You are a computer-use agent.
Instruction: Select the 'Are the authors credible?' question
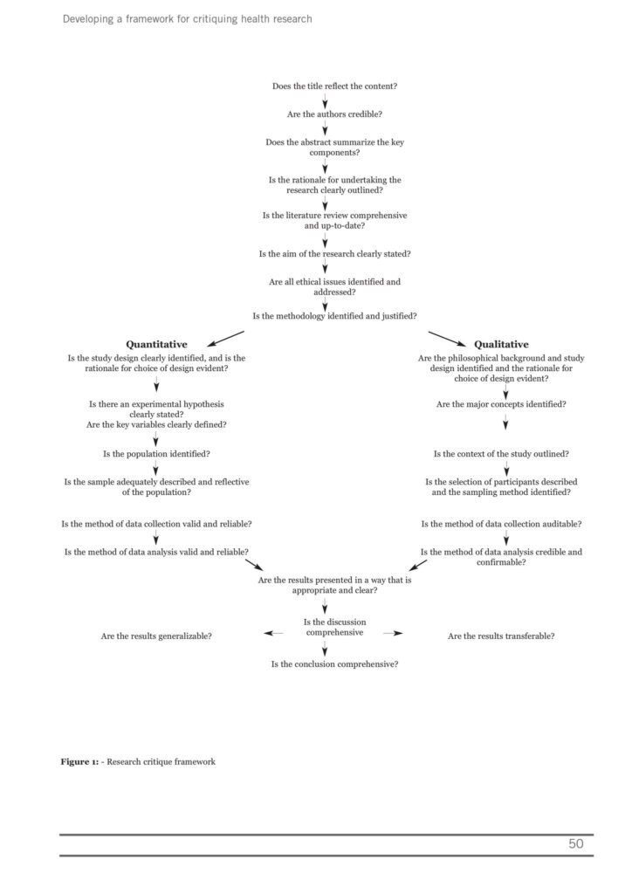tap(323, 114)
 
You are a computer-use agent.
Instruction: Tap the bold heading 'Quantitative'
tap(157, 345)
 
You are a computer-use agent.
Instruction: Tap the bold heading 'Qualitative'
tap(501, 345)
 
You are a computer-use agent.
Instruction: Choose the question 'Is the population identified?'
tap(156, 454)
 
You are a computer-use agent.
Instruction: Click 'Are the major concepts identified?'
tap(501, 404)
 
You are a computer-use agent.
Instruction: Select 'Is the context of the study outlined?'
tap(501, 454)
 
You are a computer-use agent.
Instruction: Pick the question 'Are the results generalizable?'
tap(156, 636)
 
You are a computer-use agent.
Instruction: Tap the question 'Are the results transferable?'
tap(501, 636)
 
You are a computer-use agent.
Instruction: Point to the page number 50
tap(575, 843)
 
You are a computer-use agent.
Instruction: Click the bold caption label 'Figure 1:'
tap(79, 761)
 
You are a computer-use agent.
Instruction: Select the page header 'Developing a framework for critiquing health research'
tap(187, 18)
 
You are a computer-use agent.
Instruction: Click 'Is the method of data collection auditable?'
tap(501, 524)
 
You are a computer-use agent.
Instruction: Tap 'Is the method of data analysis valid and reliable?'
tap(156, 552)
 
